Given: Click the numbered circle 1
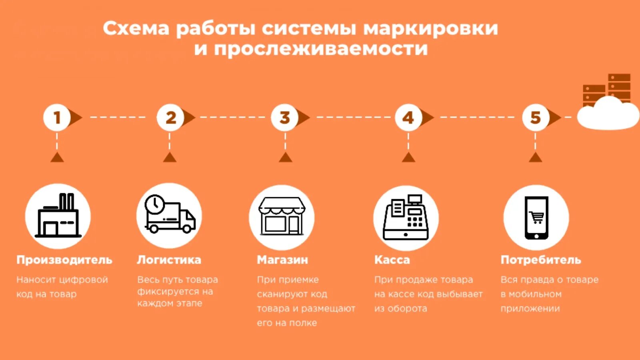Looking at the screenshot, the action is [57, 118].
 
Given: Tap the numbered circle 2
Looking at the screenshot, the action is [170, 118].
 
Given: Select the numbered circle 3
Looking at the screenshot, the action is [284, 118].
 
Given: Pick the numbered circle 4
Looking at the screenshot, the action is [408, 118].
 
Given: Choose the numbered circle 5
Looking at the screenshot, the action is [535, 118].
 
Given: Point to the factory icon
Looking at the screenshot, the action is [58, 216].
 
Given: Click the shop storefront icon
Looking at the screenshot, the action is [282, 217].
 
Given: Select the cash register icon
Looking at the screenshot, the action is [406, 218].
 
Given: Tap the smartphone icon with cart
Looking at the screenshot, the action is [536, 217].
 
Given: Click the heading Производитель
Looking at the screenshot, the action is [64, 260].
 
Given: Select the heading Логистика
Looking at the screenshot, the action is [169, 260].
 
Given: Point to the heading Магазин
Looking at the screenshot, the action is [282, 260].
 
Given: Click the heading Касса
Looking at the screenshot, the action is [392, 260].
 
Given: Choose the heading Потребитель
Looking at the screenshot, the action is [541, 260].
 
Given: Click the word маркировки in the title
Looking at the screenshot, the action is [430, 29].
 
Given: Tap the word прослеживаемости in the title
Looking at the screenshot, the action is [321, 49].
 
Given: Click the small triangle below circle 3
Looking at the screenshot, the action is [285, 157].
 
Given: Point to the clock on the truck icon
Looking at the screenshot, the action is [154, 204].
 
